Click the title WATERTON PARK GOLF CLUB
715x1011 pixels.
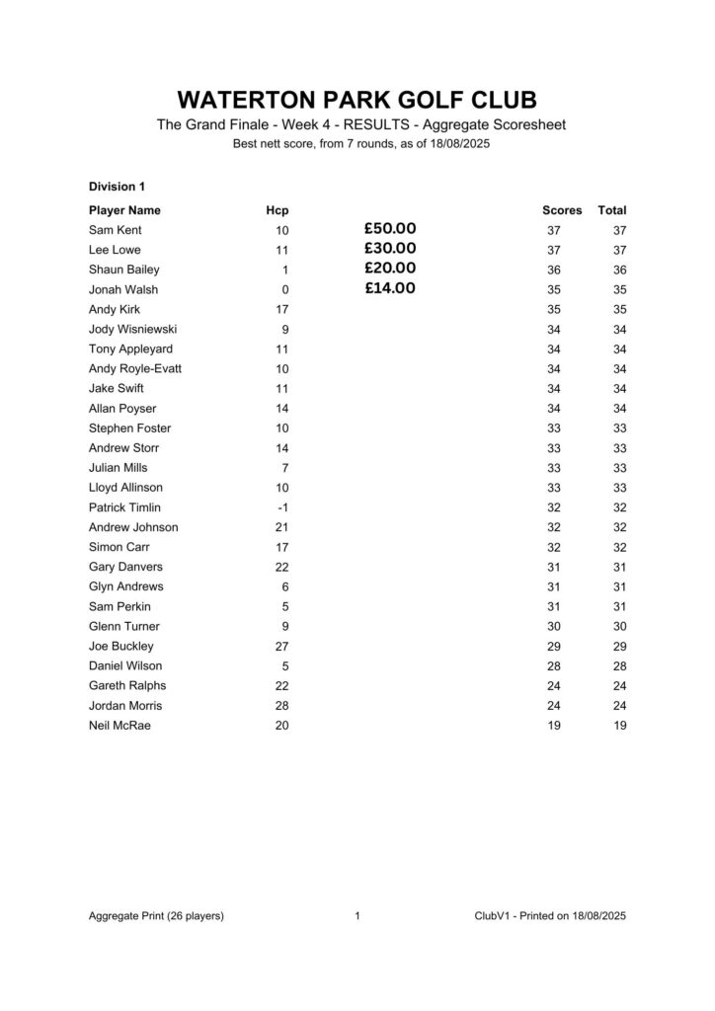pos(357,101)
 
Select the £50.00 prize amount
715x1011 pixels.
pos(389,229)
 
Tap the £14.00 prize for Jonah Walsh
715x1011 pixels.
pos(389,288)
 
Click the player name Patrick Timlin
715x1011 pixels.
pos(124,507)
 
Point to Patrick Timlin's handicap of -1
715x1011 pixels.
pos(282,507)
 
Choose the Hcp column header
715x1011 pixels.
pos(278,210)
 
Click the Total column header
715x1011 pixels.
pos(612,210)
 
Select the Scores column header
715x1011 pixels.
pos(562,210)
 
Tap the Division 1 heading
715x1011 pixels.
pos(117,186)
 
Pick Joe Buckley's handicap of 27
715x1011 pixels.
pos(281,647)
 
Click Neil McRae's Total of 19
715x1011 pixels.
pos(618,726)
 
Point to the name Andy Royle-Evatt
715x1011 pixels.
pos(134,368)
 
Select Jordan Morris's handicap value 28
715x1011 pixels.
pos(281,706)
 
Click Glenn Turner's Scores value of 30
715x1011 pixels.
pos(553,627)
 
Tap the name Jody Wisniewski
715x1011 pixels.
pos(133,329)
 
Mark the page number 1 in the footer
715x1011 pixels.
pos(357,916)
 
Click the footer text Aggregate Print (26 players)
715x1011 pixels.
pos(156,916)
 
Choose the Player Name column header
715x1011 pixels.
pos(124,210)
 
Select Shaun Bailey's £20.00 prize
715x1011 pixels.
pos(389,269)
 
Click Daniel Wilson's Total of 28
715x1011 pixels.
pos(618,666)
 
